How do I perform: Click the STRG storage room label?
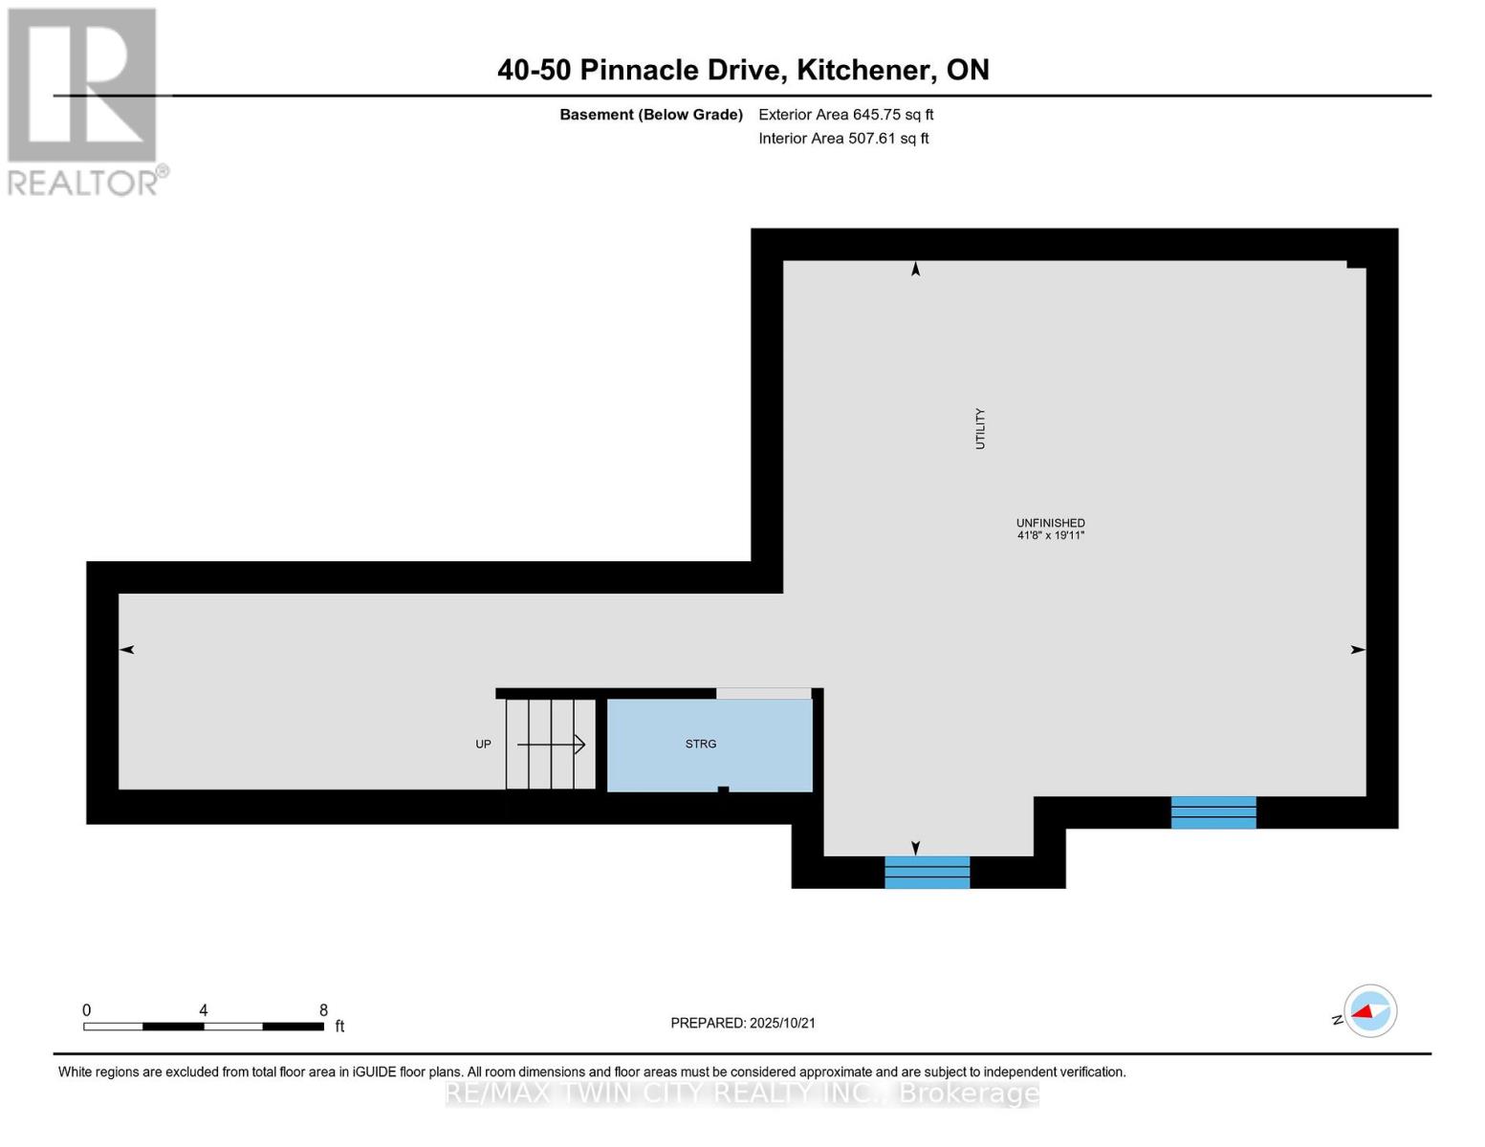[x=700, y=744]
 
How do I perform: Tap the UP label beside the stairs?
[x=483, y=744]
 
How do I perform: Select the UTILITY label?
[x=979, y=428]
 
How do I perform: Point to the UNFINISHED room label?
[x=1050, y=523]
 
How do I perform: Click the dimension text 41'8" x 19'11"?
[x=1050, y=536]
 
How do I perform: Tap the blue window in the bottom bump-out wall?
[x=927, y=872]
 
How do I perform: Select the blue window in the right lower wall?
[x=1212, y=812]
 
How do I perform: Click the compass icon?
[x=1369, y=1010]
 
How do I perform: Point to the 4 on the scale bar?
[x=203, y=1010]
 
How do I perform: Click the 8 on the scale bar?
[x=323, y=1010]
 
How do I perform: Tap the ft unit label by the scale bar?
[x=339, y=1027]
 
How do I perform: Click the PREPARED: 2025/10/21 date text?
[x=743, y=1023]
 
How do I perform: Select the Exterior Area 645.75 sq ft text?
[x=845, y=115]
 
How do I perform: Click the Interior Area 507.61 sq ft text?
[x=843, y=139]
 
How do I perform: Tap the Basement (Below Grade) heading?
[x=650, y=115]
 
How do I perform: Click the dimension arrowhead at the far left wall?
[x=126, y=650]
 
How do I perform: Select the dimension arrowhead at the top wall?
[x=915, y=270]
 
